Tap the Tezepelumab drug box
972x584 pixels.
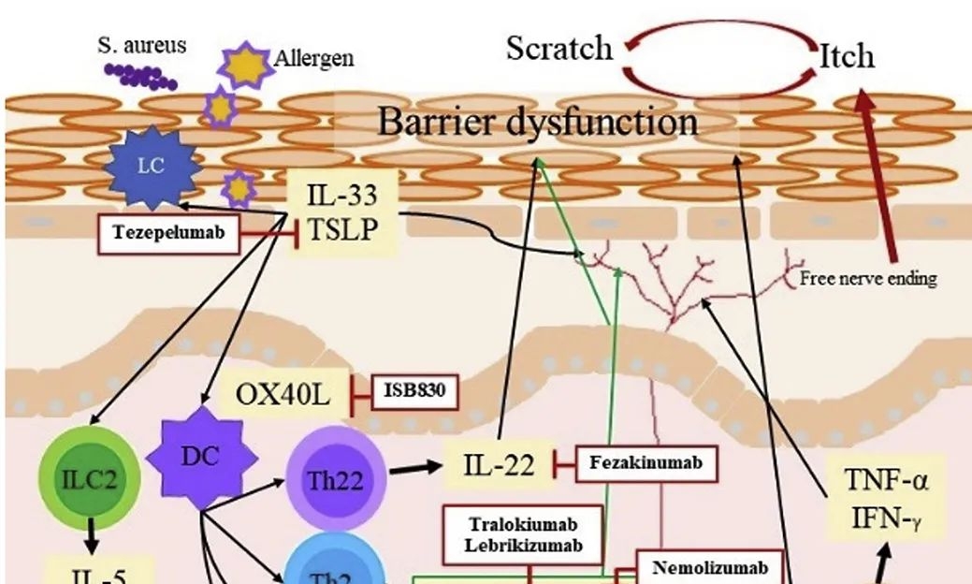click(169, 233)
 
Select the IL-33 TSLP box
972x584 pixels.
click(341, 213)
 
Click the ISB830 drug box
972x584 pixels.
click(415, 391)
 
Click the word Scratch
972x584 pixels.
click(559, 48)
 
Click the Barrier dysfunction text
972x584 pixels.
click(537, 122)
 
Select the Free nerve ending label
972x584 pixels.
click(868, 278)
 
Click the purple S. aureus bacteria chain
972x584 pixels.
click(140, 76)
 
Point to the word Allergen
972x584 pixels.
click(314, 58)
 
